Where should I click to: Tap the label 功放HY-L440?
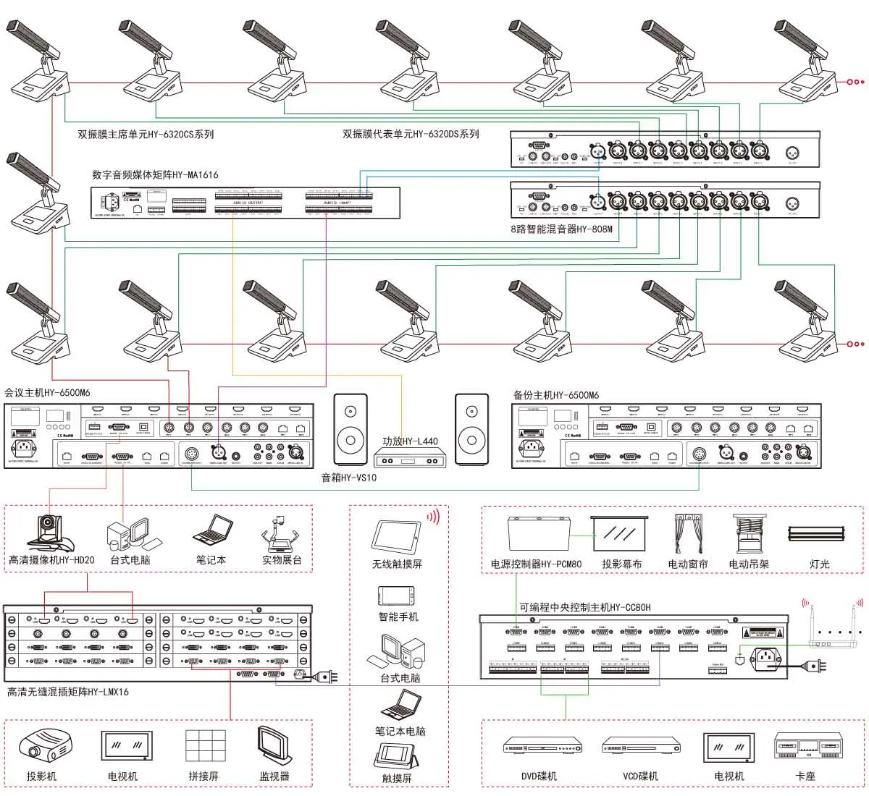click(x=410, y=441)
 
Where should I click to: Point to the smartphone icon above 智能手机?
click(x=396, y=596)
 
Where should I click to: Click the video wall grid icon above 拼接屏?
click(x=203, y=747)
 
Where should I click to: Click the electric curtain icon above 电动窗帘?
click(x=688, y=534)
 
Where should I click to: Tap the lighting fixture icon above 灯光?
click(x=816, y=533)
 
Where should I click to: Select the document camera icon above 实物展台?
click(x=281, y=533)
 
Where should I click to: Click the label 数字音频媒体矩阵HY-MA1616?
click(x=155, y=175)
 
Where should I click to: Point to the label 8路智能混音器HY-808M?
click(x=562, y=229)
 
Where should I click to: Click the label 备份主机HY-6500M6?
click(x=556, y=395)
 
